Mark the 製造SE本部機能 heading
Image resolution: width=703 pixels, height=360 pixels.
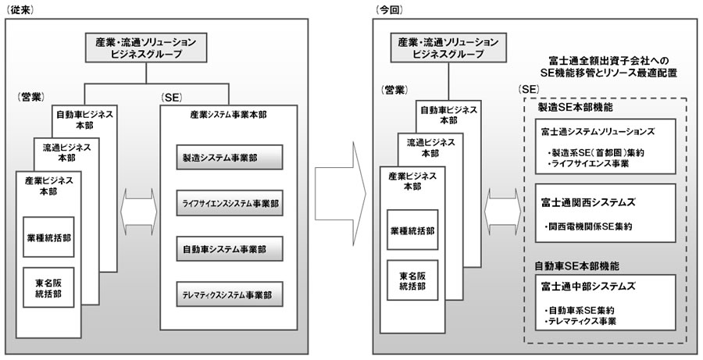[575, 106]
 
